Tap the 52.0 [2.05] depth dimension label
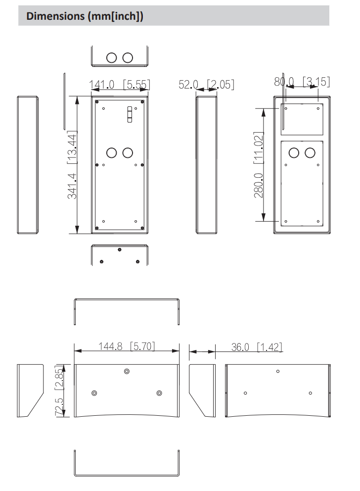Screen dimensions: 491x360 (x=206, y=85)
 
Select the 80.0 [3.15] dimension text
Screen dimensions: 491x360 (x=302, y=82)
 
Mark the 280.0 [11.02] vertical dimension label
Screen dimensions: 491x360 (x=258, y=165)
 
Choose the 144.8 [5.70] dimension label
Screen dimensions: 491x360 (x=127, y=346)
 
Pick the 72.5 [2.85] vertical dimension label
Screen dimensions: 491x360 (x=59, y=391)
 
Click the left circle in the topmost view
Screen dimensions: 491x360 (x=112, y=57)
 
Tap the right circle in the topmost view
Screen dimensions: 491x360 (x=128, y=57)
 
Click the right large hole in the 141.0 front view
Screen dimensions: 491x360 (x=128, y=152)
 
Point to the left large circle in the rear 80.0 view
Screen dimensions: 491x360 (x=294, y=152)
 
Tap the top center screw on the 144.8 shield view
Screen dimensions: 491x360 (x=127, y=371)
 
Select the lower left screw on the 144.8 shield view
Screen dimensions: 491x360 (x=94, y=393)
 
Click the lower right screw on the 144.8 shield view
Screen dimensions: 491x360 (x=159, y=393)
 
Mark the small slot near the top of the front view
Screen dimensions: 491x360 (x=130, y=114)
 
